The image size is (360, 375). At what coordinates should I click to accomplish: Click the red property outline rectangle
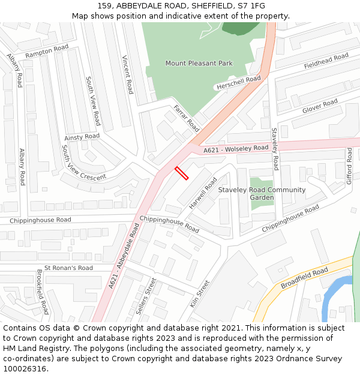pos(181,173)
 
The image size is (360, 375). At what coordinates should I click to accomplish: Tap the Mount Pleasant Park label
pos(199,63)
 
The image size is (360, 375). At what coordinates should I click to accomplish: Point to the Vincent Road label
pos(127,75)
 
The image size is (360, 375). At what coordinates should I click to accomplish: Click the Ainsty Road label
pos(82,137)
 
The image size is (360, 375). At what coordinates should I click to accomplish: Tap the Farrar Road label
pos(186,118)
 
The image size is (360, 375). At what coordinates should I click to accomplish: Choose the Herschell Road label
pos(238,83)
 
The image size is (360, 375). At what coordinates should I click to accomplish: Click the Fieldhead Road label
pos(326,61)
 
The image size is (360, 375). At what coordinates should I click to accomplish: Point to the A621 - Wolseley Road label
pos(236,149)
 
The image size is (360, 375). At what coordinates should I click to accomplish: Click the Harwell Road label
pos(203,192)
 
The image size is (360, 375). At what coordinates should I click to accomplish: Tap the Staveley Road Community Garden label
pos(262,194)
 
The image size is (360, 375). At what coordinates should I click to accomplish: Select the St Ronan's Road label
pos(68,268)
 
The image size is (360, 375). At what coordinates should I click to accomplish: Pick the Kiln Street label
pos(200,294)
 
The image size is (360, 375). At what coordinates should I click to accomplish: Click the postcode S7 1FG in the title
pos(251,5)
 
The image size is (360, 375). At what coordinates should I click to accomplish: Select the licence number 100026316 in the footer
pos(25,369)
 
